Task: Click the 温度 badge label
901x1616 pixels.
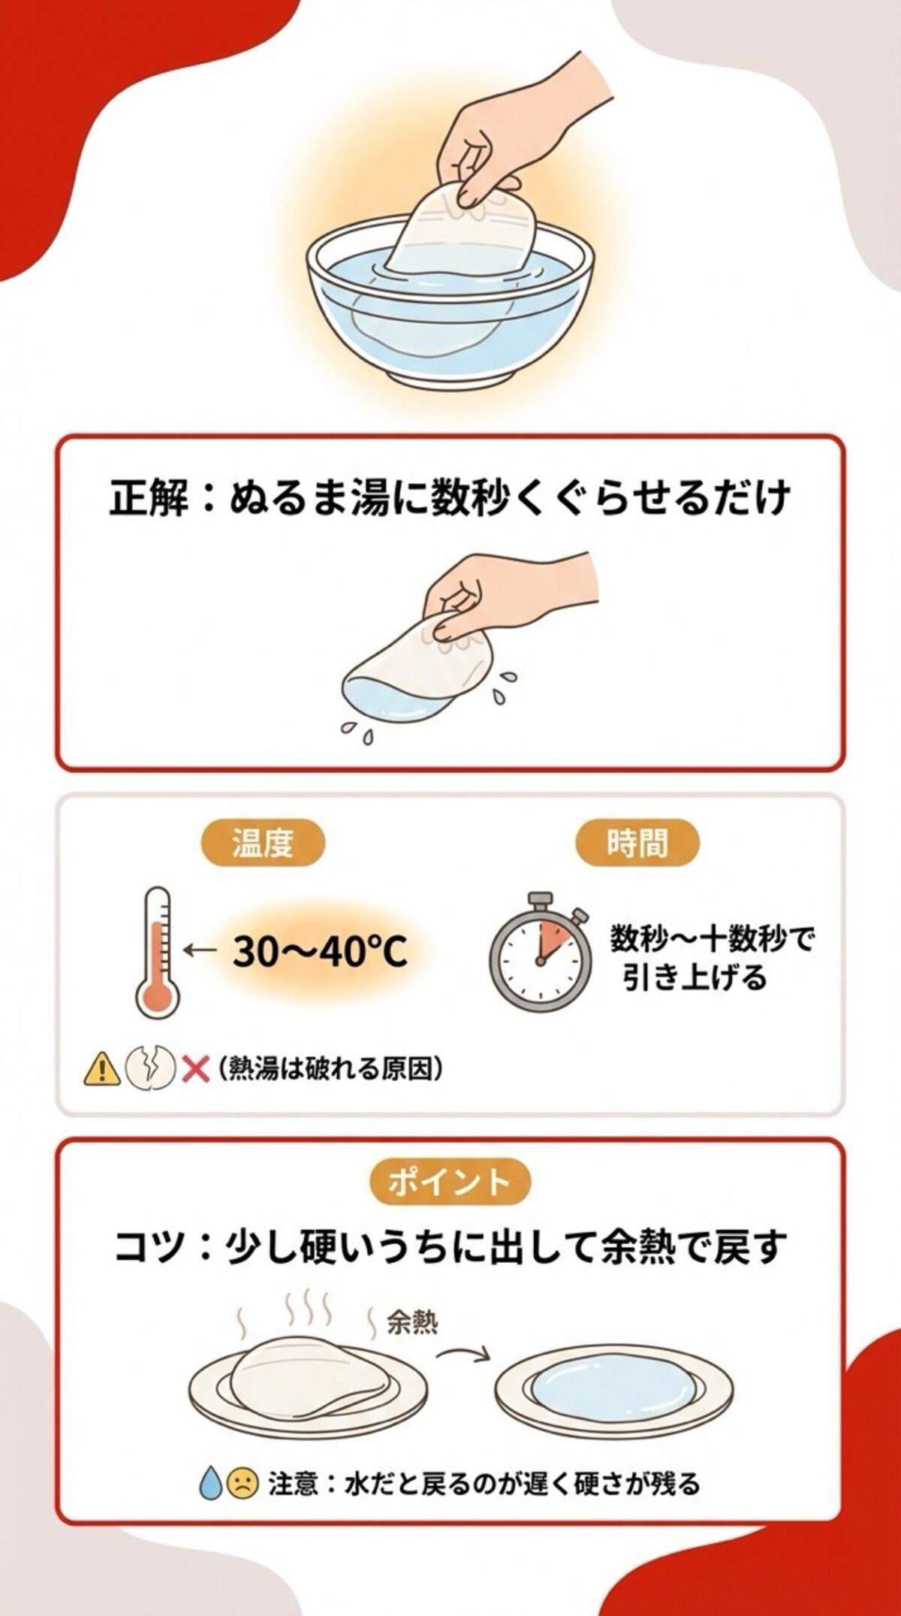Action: (x=262, y=844)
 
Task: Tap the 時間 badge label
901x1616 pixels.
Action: (x=637, y=844)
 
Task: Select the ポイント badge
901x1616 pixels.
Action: (x=450, y=1183)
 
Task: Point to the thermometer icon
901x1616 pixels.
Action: (x=158, y=952)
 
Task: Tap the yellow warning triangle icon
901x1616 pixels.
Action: (x=101, y=1068)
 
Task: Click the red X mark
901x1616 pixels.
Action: (x=195, y=1068)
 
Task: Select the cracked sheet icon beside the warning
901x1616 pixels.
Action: (x=149, y=1068)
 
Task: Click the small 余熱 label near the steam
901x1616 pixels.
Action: (x=412, y=1344)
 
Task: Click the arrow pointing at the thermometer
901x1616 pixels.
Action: (x=199, y=951)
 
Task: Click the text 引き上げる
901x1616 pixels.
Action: (x=695, y=977)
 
